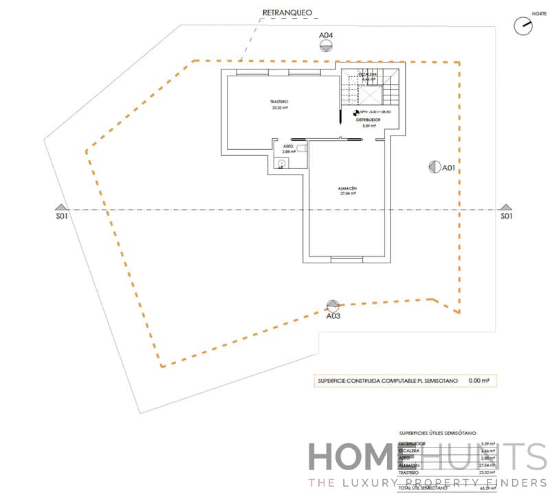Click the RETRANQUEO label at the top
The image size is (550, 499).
pos(288,12)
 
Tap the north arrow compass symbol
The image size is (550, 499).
pos(523,25)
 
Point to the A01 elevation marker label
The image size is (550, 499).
pos(449,168)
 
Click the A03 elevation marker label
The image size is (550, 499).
pos(333,316)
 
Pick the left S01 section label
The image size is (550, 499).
pos(62,217)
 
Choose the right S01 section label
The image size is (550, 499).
pos(506,217)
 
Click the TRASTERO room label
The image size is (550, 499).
pos(279,102)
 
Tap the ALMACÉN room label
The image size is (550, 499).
pos(347,188)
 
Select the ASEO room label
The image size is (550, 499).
pos(289,146)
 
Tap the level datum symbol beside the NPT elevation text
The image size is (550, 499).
pos(355,112)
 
